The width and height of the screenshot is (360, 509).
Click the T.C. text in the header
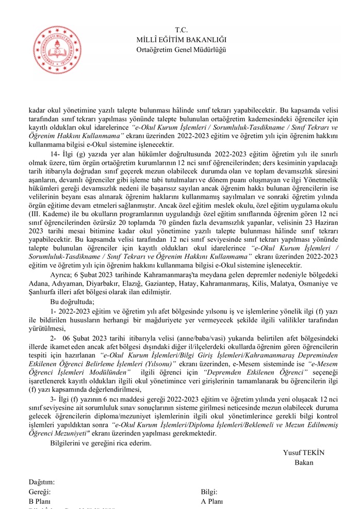point(181,30)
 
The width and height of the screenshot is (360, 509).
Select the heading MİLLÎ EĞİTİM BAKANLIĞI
point(181,40)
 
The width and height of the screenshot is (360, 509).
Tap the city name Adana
point(39,283)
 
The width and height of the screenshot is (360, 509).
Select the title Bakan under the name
point(304,463)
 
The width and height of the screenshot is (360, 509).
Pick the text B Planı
point(39,501)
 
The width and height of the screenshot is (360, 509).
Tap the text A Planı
point(212,501)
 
